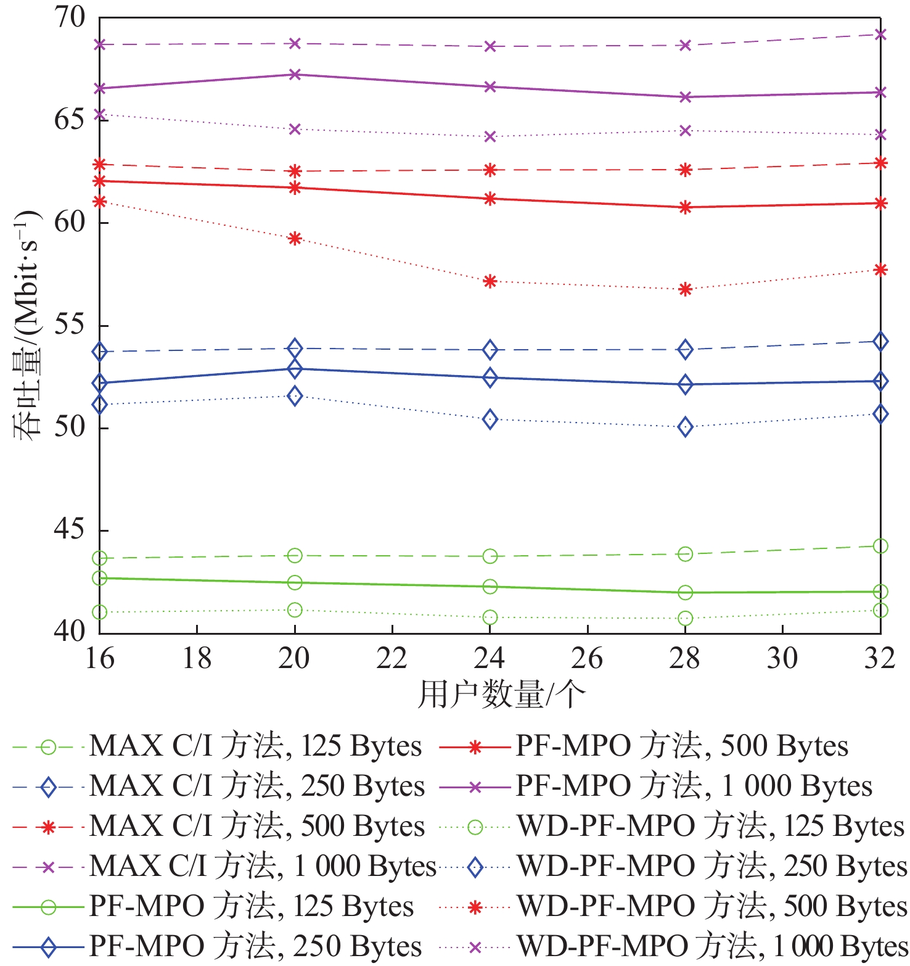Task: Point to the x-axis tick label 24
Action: coord(490,658)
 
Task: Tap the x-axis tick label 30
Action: coord(782,658)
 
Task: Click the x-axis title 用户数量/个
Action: coord(501,695)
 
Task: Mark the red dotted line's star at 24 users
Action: coord(490,281)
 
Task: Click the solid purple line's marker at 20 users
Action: coord(295,75)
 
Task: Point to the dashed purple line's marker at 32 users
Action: coord(880,35)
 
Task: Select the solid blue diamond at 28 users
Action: coord(685,385)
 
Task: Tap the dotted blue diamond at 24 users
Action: coord(490,419)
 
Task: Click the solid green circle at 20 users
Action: coord(295,582)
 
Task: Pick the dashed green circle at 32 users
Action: coord(880,546)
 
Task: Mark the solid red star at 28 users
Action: coord(685,207)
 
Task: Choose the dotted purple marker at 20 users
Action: coord(295,129)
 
